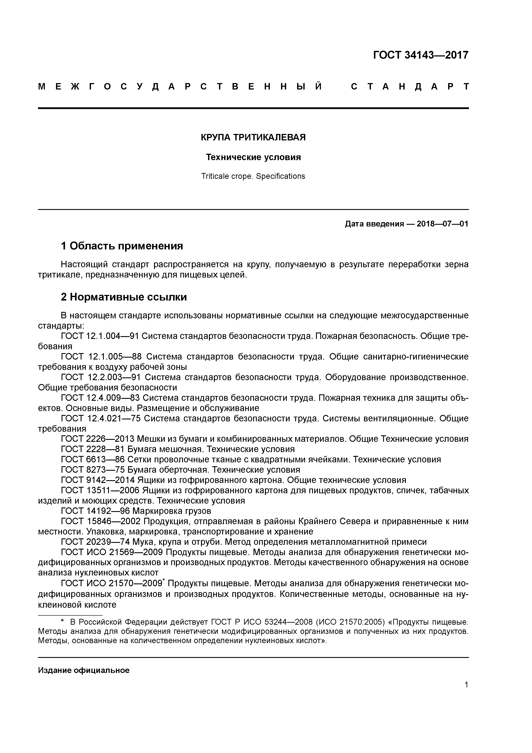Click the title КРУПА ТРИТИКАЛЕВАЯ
click(x=253, y=137)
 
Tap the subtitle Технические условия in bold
click(x=253, y=157)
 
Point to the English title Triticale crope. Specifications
click(x=253, y=176)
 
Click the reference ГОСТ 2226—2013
click(x=98, y=439)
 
